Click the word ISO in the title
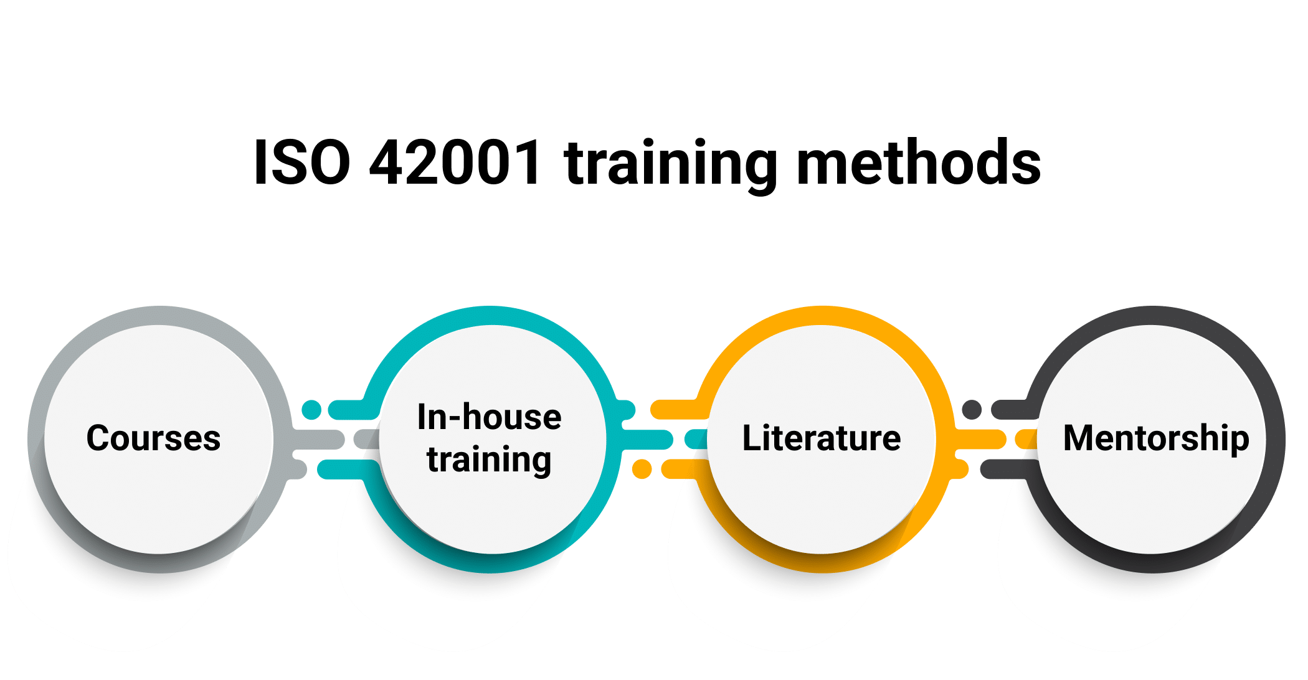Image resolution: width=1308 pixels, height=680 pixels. [302, 163]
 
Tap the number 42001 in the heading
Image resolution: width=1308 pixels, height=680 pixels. [455, 163]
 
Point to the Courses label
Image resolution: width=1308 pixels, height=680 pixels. [153, 438]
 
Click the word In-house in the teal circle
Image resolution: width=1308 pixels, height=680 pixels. [489, 417]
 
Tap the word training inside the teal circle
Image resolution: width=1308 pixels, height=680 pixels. [489, 460]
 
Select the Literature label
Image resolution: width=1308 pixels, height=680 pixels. [821, 438]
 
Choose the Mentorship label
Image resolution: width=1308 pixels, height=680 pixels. [1156, 438]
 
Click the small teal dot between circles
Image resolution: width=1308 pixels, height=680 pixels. [311, 410]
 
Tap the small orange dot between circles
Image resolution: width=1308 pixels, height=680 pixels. [642, 469]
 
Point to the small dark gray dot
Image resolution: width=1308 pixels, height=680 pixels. [972, 410]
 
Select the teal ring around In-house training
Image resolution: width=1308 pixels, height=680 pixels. [492, 315]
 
